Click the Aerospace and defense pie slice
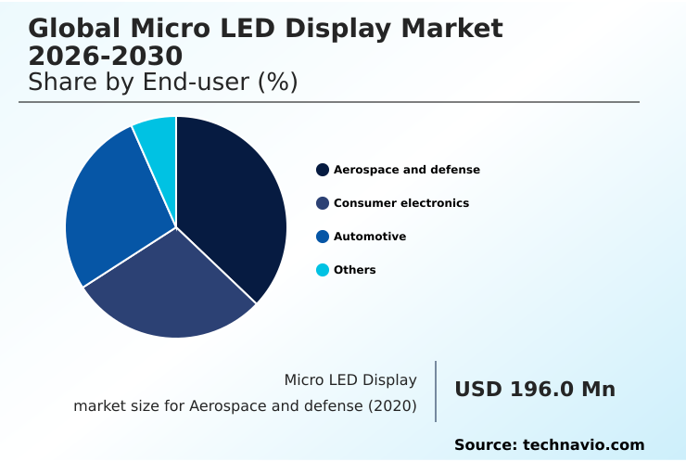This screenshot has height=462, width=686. click(x=232, y=204)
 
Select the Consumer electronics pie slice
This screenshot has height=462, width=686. click(x=171, y=288)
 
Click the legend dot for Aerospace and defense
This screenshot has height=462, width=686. click(x=323, y=170)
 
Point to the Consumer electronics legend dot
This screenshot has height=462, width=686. click(x=323, y=203)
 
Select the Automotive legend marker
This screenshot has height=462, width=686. click(x=323, y=237)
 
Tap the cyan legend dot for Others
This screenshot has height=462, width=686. click(x=323, y=270)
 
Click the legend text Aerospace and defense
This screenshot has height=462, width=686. click(x=407, y=170)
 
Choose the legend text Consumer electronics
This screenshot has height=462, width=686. click(x=401, y=203)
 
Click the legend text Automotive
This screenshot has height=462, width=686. click(x=370, y=237)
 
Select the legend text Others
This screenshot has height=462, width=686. click(x=355, y=270)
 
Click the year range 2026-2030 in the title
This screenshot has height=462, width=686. click(x=105, y=56)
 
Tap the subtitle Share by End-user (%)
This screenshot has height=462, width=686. click(x=162, y=83)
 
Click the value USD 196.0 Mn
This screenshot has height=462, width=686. click(x=535, y=390)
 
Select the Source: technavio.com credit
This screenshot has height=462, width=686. click(x=549, y=445)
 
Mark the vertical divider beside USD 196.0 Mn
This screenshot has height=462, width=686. click(x=436, y=391)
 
